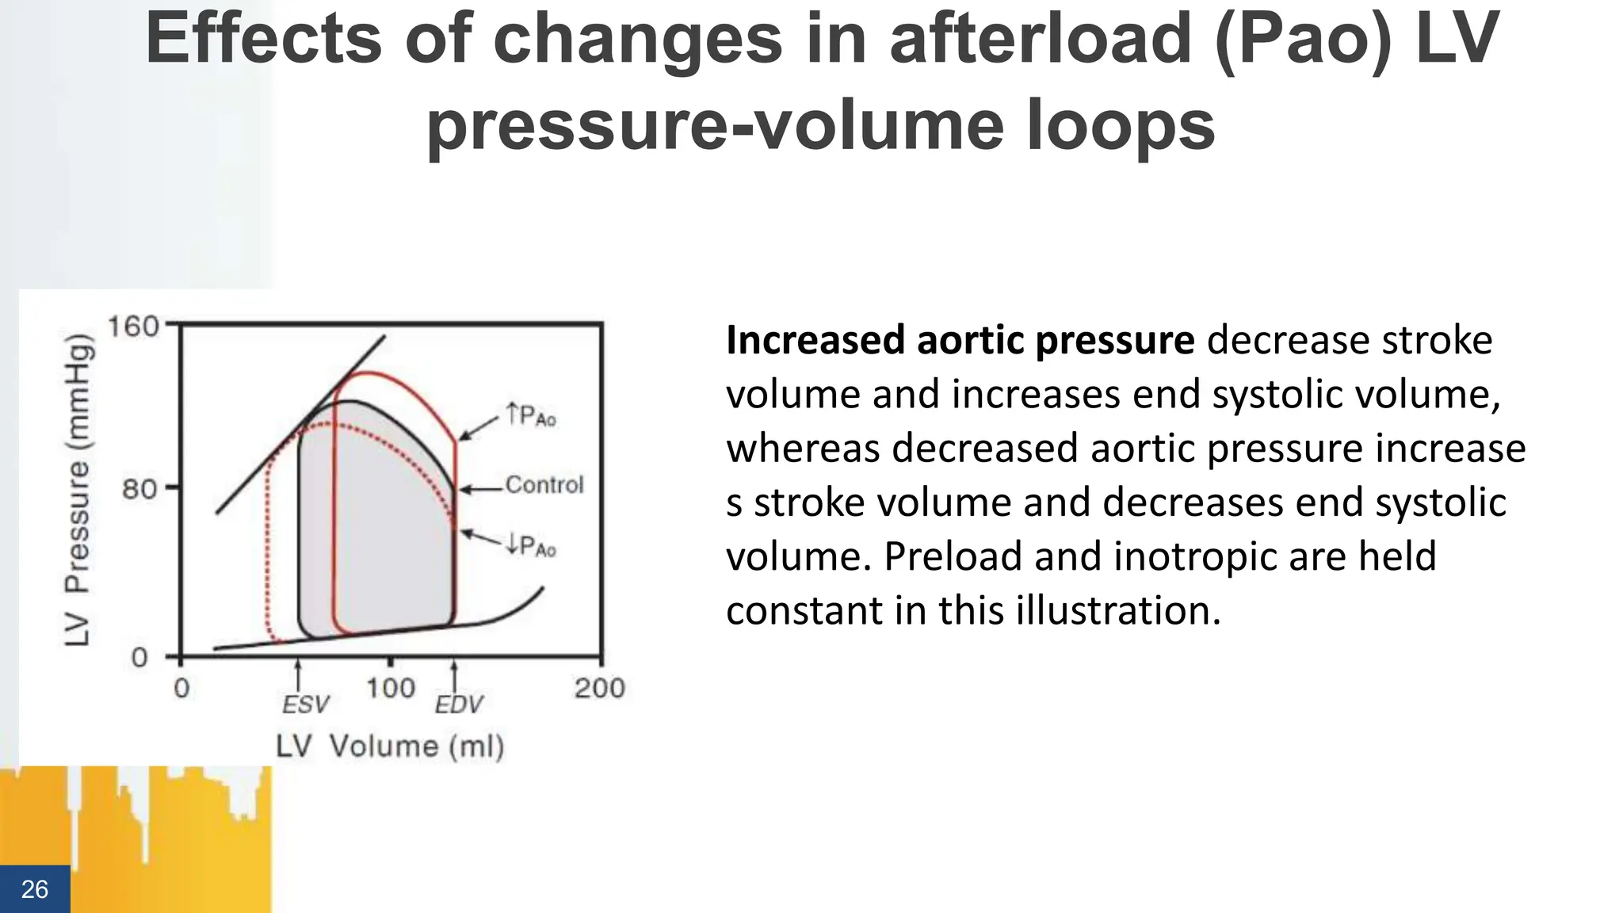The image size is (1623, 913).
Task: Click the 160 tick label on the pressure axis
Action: click(133, 327)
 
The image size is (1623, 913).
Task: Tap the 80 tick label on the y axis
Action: click(139, 489)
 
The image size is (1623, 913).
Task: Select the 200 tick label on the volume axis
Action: click(599, 688)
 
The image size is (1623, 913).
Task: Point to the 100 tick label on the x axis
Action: click(390, 688)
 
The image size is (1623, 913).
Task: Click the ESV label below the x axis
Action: click(305, 705)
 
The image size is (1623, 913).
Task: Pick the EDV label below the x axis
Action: click(458, 705)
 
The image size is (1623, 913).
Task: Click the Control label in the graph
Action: click(544, 484)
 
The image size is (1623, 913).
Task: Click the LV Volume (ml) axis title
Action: click(390, 747)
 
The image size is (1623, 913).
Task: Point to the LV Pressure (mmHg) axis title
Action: click(78, 490)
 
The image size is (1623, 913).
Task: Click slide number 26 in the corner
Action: click(34, 889)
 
